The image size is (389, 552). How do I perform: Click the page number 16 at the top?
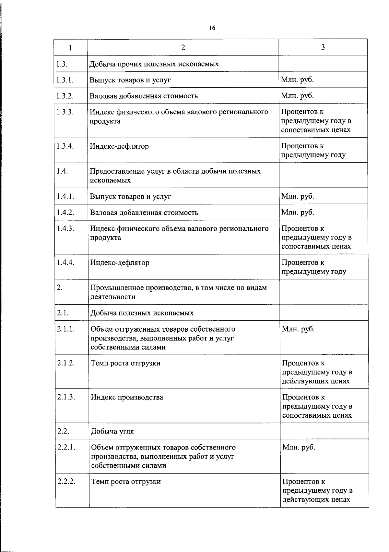click(212, 28)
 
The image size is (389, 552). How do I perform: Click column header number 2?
click(183, 48)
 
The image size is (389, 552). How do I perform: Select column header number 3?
click(323, 47)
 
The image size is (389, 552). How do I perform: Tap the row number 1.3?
click(62, 64)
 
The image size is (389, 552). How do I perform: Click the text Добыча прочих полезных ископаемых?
click(154, 64)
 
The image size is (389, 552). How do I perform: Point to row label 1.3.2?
click(65, 96)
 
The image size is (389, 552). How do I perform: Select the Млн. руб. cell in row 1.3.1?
click(297, 80)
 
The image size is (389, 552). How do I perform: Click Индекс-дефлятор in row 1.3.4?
click(119, 146)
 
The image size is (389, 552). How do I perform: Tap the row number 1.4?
click(62, 171)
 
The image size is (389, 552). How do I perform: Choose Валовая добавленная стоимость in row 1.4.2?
click(144, 213)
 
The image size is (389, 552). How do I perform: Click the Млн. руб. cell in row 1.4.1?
click(298, 196)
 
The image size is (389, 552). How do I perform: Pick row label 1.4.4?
click(65, 262)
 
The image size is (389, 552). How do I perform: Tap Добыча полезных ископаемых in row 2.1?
click(142, 313)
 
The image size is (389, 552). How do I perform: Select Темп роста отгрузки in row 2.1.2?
click(125, 363)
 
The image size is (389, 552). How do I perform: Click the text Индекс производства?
click(127, 397)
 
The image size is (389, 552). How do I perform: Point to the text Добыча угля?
click(112, 431)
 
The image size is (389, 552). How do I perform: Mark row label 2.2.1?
click(66, 447)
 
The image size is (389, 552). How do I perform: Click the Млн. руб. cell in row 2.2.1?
click(299, 447)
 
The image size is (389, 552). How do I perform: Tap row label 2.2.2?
click(66, 481)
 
